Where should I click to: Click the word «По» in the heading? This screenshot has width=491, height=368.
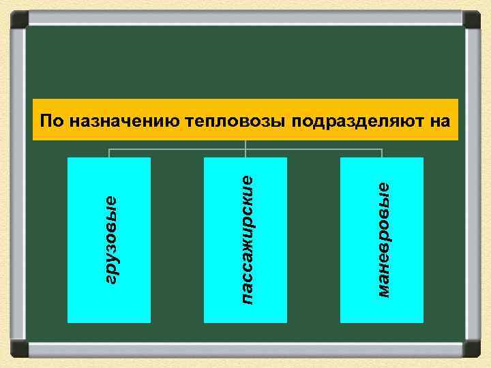51,122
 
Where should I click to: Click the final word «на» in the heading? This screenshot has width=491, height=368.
441,123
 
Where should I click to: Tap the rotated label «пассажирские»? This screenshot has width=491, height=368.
247,239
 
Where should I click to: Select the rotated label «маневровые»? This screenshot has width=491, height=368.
383,239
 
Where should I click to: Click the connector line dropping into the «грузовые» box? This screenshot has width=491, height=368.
109,153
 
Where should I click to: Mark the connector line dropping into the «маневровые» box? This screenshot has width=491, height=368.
382,153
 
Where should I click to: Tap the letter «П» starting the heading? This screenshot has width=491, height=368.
46,122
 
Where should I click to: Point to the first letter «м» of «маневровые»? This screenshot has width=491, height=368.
383,291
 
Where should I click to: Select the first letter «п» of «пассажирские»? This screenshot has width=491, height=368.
247,298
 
